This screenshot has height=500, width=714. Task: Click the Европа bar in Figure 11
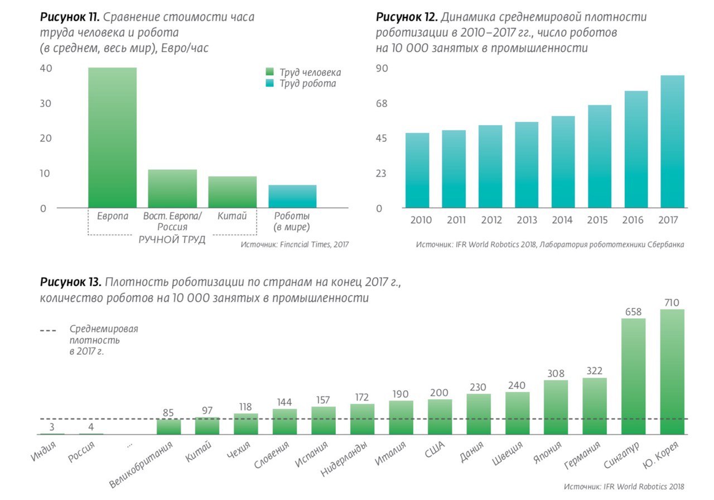tap(112, 137)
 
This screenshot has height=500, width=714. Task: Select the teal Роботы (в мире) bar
tap(292, 196)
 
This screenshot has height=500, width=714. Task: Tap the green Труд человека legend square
tap(269, 72)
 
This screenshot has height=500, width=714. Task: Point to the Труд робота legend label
tap(308, 84)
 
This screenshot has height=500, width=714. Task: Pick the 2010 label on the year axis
tap(421, 220)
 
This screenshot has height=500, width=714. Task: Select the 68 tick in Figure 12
tap(381, 104)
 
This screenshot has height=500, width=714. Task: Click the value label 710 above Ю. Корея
tap(672, 303)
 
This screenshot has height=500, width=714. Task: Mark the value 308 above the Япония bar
tap(556, 373)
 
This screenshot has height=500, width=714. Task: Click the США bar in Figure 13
tap(440, 416)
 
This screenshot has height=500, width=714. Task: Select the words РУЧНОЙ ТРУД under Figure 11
tap(172, 240)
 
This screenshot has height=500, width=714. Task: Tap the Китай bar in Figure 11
tap(233, 192)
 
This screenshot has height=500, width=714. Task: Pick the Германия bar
tap(595, 406)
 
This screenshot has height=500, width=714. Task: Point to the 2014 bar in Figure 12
tap(563, 162)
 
